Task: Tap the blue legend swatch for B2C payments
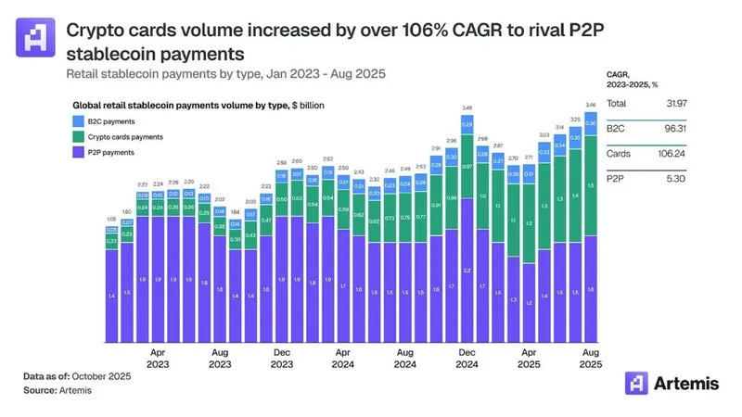click(80, 120)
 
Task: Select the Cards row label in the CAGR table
click(620, 154)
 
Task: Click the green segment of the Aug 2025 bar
click(590, 185)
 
